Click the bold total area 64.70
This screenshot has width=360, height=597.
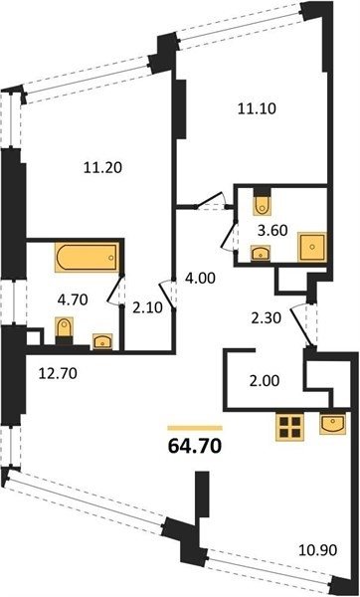click(x=195, y=446)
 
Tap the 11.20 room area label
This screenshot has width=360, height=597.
click(x=102, y=167)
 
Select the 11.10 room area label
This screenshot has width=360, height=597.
click(x=257, y=108)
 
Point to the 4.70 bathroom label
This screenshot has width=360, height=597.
click(x=73, y=299)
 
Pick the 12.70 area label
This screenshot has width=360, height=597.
click(x=58, y=373)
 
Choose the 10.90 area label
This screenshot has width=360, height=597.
click(x=318, y=550)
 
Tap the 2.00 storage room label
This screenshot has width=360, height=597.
click(x=265, y=380)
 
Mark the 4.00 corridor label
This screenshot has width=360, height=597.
click(x=200, y=279)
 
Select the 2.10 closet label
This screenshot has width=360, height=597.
click(x=148, y=307)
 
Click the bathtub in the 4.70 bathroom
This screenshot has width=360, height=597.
click(x=87, y=258)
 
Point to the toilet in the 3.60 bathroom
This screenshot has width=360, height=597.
click(x=262, y=204)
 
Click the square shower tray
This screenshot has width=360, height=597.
click(x=312, y=247)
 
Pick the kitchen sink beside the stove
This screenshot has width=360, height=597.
click(x=332, y=424)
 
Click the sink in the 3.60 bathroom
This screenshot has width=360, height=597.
click(x=261, y=253)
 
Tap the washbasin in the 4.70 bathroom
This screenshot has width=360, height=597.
click(x=102, y=340)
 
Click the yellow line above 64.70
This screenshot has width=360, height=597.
click(x=195, y=428)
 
